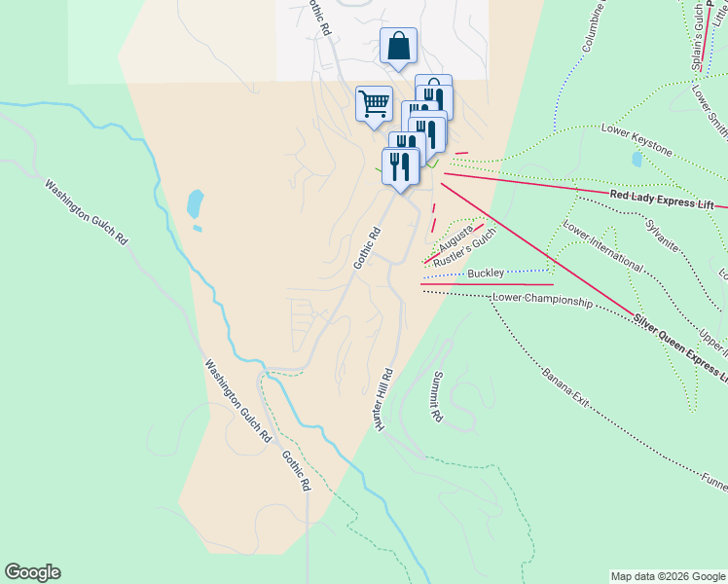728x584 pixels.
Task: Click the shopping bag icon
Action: point(399,46)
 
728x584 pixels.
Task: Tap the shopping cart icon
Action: point(375,103)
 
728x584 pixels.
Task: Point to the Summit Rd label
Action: point(437,397)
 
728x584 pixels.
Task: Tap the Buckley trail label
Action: point(486,274)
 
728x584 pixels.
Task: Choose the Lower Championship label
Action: point(542,301)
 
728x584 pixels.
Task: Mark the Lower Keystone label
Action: point(637,139)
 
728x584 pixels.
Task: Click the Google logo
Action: point(32,572)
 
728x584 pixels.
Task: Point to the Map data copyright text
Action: point(668,576)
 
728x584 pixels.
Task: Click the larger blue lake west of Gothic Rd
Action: point(195,203)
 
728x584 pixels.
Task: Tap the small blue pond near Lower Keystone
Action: point(637,159)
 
